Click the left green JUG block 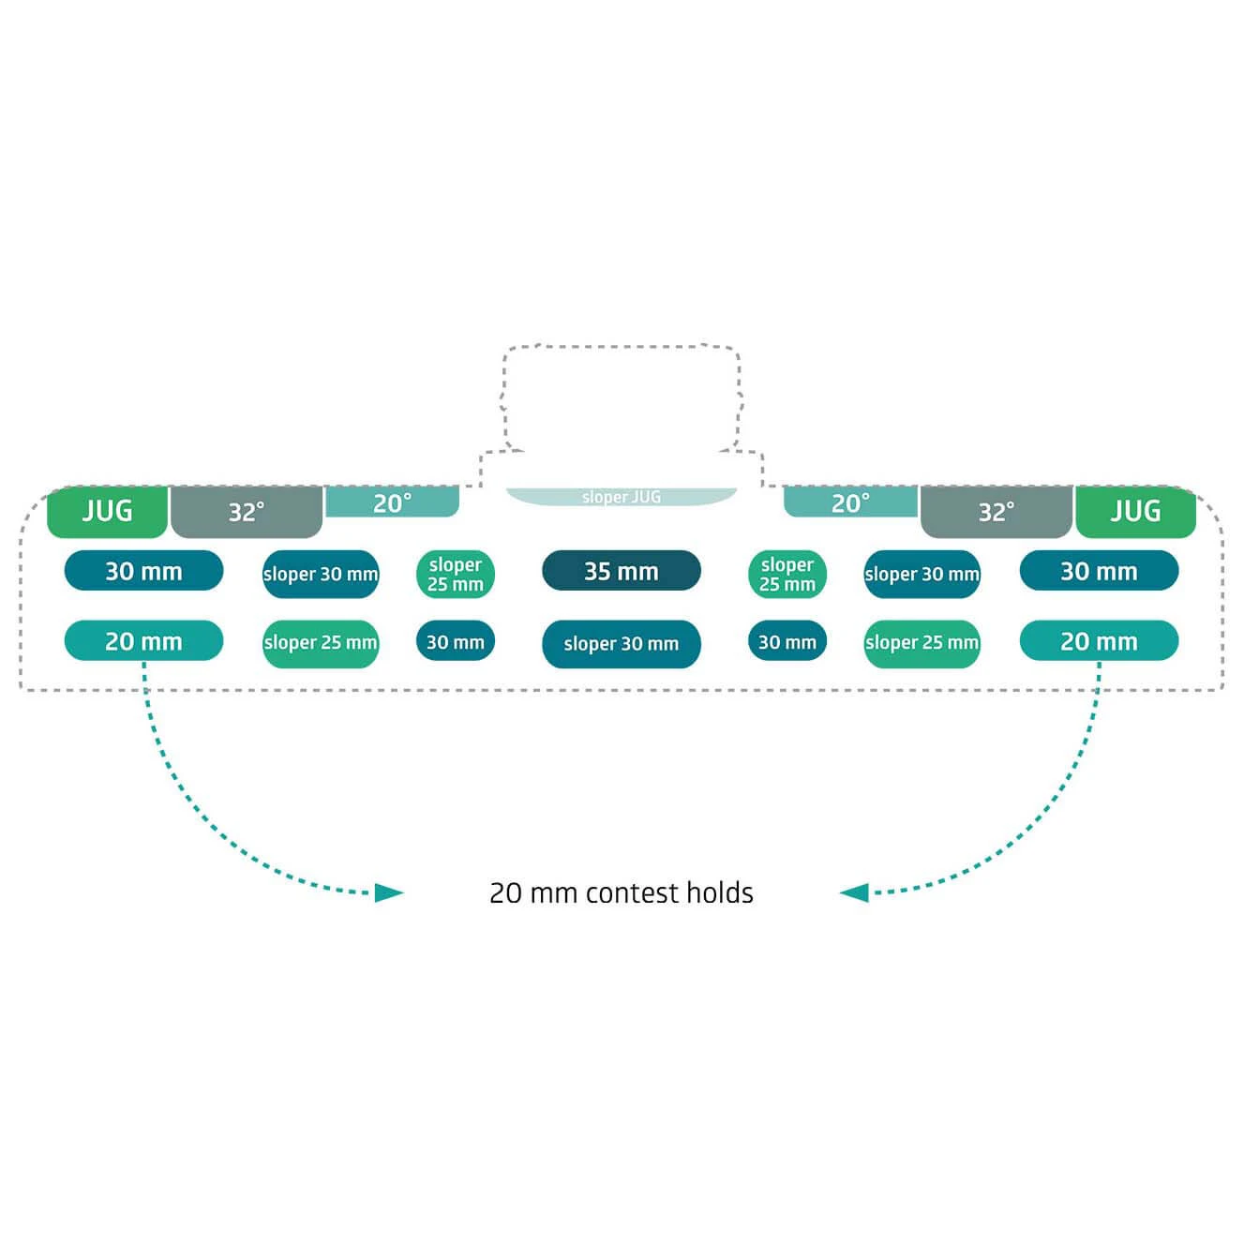click(x=107, y=512)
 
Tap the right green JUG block click(x=1135, y=512)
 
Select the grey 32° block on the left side click(x=247, y=512)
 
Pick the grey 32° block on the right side click(x=996, y=512)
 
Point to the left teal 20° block click(x=392, y=502)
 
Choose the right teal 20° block click(x=850, y=502)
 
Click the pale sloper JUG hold click(x=621, y=497)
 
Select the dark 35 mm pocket click(x=621, y=571)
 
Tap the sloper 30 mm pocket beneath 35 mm click(x=621, y=644)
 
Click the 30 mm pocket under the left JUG click(x=143, y=571)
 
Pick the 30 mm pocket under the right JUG click(x=1099, y=571)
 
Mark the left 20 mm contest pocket click(x=143, y=641)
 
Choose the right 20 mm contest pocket click(x=1099, y=641)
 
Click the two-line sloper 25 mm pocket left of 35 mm click(x=456, y=574)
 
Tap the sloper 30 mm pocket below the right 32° click(x=922, y=574)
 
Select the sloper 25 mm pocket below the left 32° click(x=321, y=643)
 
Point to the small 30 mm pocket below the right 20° click(x=787, y=642)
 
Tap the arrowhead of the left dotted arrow click(x=389, y=892)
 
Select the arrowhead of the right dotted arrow click(x=854, y=892)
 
